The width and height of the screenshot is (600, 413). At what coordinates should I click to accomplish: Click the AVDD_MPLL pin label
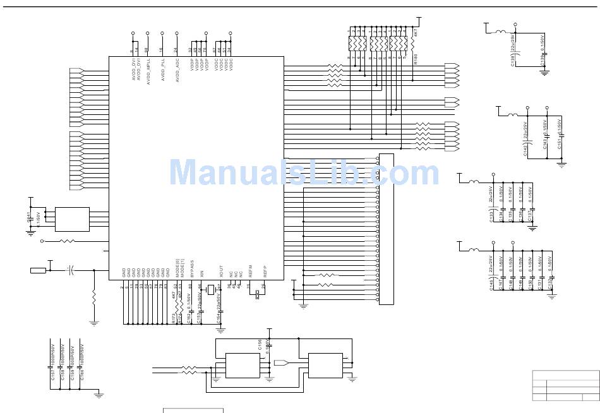[x=148, y=71]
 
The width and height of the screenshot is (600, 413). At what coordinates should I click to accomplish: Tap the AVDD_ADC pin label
[x=177, y=71]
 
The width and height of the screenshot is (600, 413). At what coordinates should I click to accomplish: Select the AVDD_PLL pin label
[x=162, y=69]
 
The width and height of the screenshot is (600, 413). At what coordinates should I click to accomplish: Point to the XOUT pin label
[x=221, y=272]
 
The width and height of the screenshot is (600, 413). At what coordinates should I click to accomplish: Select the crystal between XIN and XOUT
[x=211, y=290]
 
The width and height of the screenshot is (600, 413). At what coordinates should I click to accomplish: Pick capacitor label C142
[x=525, y=150]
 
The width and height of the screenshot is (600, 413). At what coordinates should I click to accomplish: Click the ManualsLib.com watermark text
[x=304, y=172]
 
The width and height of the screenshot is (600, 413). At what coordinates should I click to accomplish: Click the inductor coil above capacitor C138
[x=501, y=32]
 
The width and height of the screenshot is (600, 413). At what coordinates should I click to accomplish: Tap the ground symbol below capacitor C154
[x=220, y=330]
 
